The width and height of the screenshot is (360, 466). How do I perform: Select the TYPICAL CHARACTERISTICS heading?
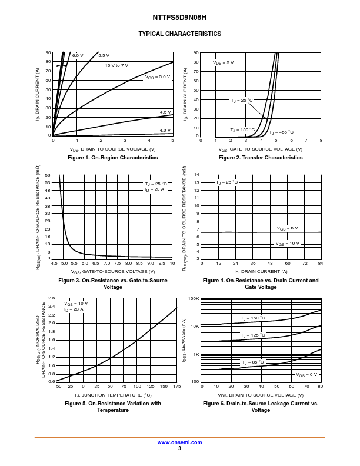tap(179, 34)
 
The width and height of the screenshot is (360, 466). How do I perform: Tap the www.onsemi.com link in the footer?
tap(179, 442)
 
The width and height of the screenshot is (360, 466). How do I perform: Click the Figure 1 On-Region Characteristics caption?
tap(113, 158)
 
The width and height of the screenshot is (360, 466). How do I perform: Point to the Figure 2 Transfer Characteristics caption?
tap(261, 158)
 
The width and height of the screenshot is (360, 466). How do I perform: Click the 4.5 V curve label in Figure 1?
tap(165, 112)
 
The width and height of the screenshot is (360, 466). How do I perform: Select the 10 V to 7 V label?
tap(116, 65)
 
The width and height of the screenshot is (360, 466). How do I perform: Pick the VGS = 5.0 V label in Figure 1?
tap(158, 76)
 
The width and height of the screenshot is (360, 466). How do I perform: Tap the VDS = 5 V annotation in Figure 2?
tap(223, 62)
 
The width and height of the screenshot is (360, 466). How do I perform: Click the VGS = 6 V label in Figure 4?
tap(288, 228)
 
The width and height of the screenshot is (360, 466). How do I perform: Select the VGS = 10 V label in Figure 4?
tap(288, 243)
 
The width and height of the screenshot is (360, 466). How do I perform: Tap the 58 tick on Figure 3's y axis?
tap(48, 175)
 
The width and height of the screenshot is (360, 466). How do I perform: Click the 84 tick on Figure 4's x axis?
tap(321, 264)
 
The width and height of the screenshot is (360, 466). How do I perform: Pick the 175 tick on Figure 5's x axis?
tap(176, 387)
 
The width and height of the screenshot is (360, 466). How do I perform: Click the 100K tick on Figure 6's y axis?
tap(194, 299)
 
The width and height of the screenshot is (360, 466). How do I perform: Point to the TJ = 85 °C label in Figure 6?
tap(253, 362)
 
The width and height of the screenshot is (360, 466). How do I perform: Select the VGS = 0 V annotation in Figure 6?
tap(306, 374)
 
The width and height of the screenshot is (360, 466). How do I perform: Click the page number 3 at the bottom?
tap(179, 448)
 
